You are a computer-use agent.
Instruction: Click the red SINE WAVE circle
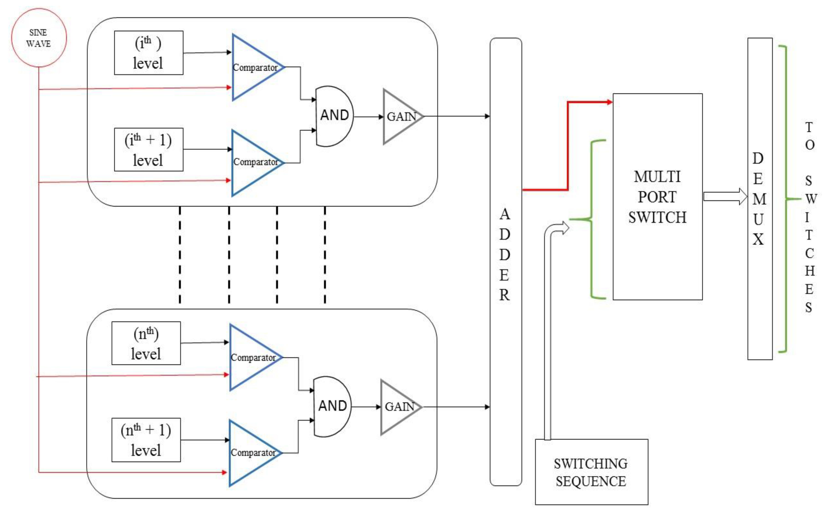39,38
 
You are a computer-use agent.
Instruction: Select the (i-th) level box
148,53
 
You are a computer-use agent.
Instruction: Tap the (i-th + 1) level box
148,150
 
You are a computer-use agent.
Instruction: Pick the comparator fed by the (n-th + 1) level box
251,453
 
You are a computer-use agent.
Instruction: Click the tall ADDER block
506,262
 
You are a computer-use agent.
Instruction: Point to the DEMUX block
760,198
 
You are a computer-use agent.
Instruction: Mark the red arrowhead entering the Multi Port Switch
609,102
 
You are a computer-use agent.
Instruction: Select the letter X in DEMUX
758,239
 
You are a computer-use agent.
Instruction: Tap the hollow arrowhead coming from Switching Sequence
564,227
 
